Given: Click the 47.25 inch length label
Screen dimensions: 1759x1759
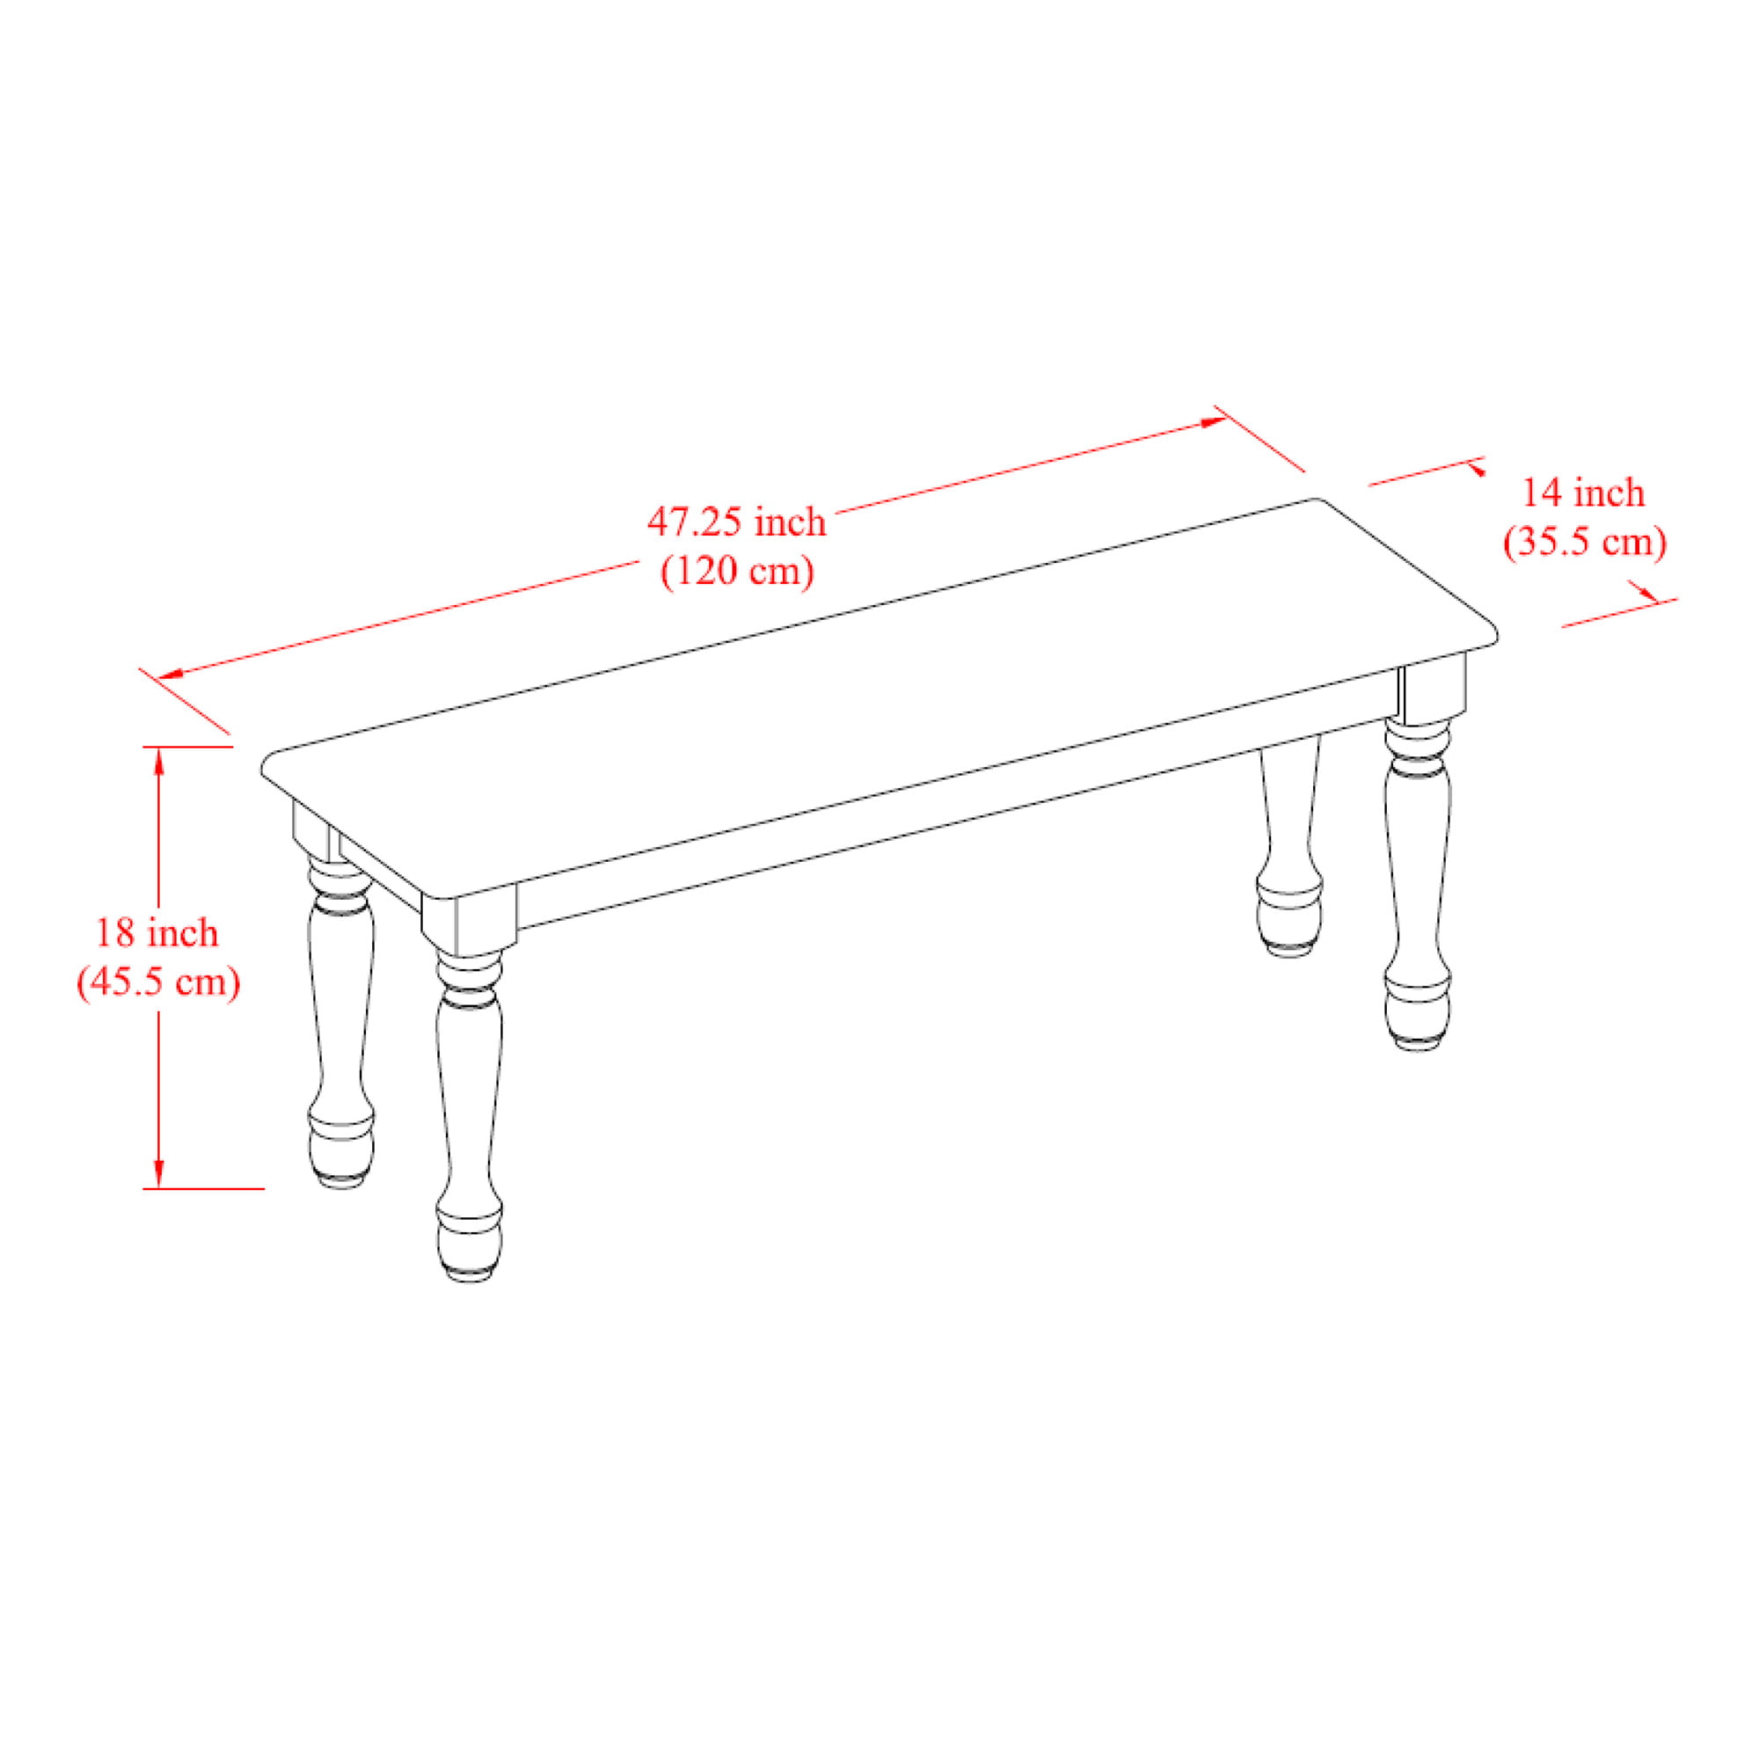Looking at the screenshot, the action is pyautogui.click(x=736, y=522).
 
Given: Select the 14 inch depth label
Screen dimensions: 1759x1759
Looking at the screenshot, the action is pyautogui.click(x=1584, y=493).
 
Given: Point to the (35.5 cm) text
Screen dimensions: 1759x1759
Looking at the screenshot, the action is pyautogui.click(x=1585, y=543).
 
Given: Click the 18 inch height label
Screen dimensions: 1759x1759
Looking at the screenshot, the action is pyautogui.click(x=157, y=933).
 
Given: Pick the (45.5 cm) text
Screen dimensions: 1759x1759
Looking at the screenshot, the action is pyautogui.click(x=158, y=982).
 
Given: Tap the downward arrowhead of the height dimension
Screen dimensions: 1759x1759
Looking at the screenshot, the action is pyautogui.click(x=159, y=1173).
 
